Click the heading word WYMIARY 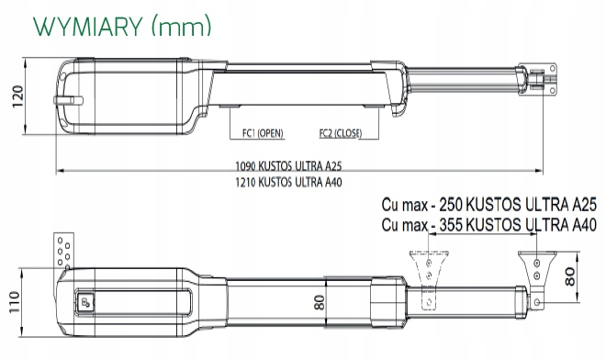click(x=88, y=27)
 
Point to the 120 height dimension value click(x=17, y=96)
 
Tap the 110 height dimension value click(x=14, y=302)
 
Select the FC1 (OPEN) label click(x=263, y=133)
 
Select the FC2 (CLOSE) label click(x=341, y=133)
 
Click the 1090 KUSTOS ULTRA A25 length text click(x=288, y=166)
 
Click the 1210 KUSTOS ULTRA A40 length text click(x=288, y=182)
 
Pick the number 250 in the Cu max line click(x=451, y=205)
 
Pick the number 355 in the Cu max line click(x=451, y=225)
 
